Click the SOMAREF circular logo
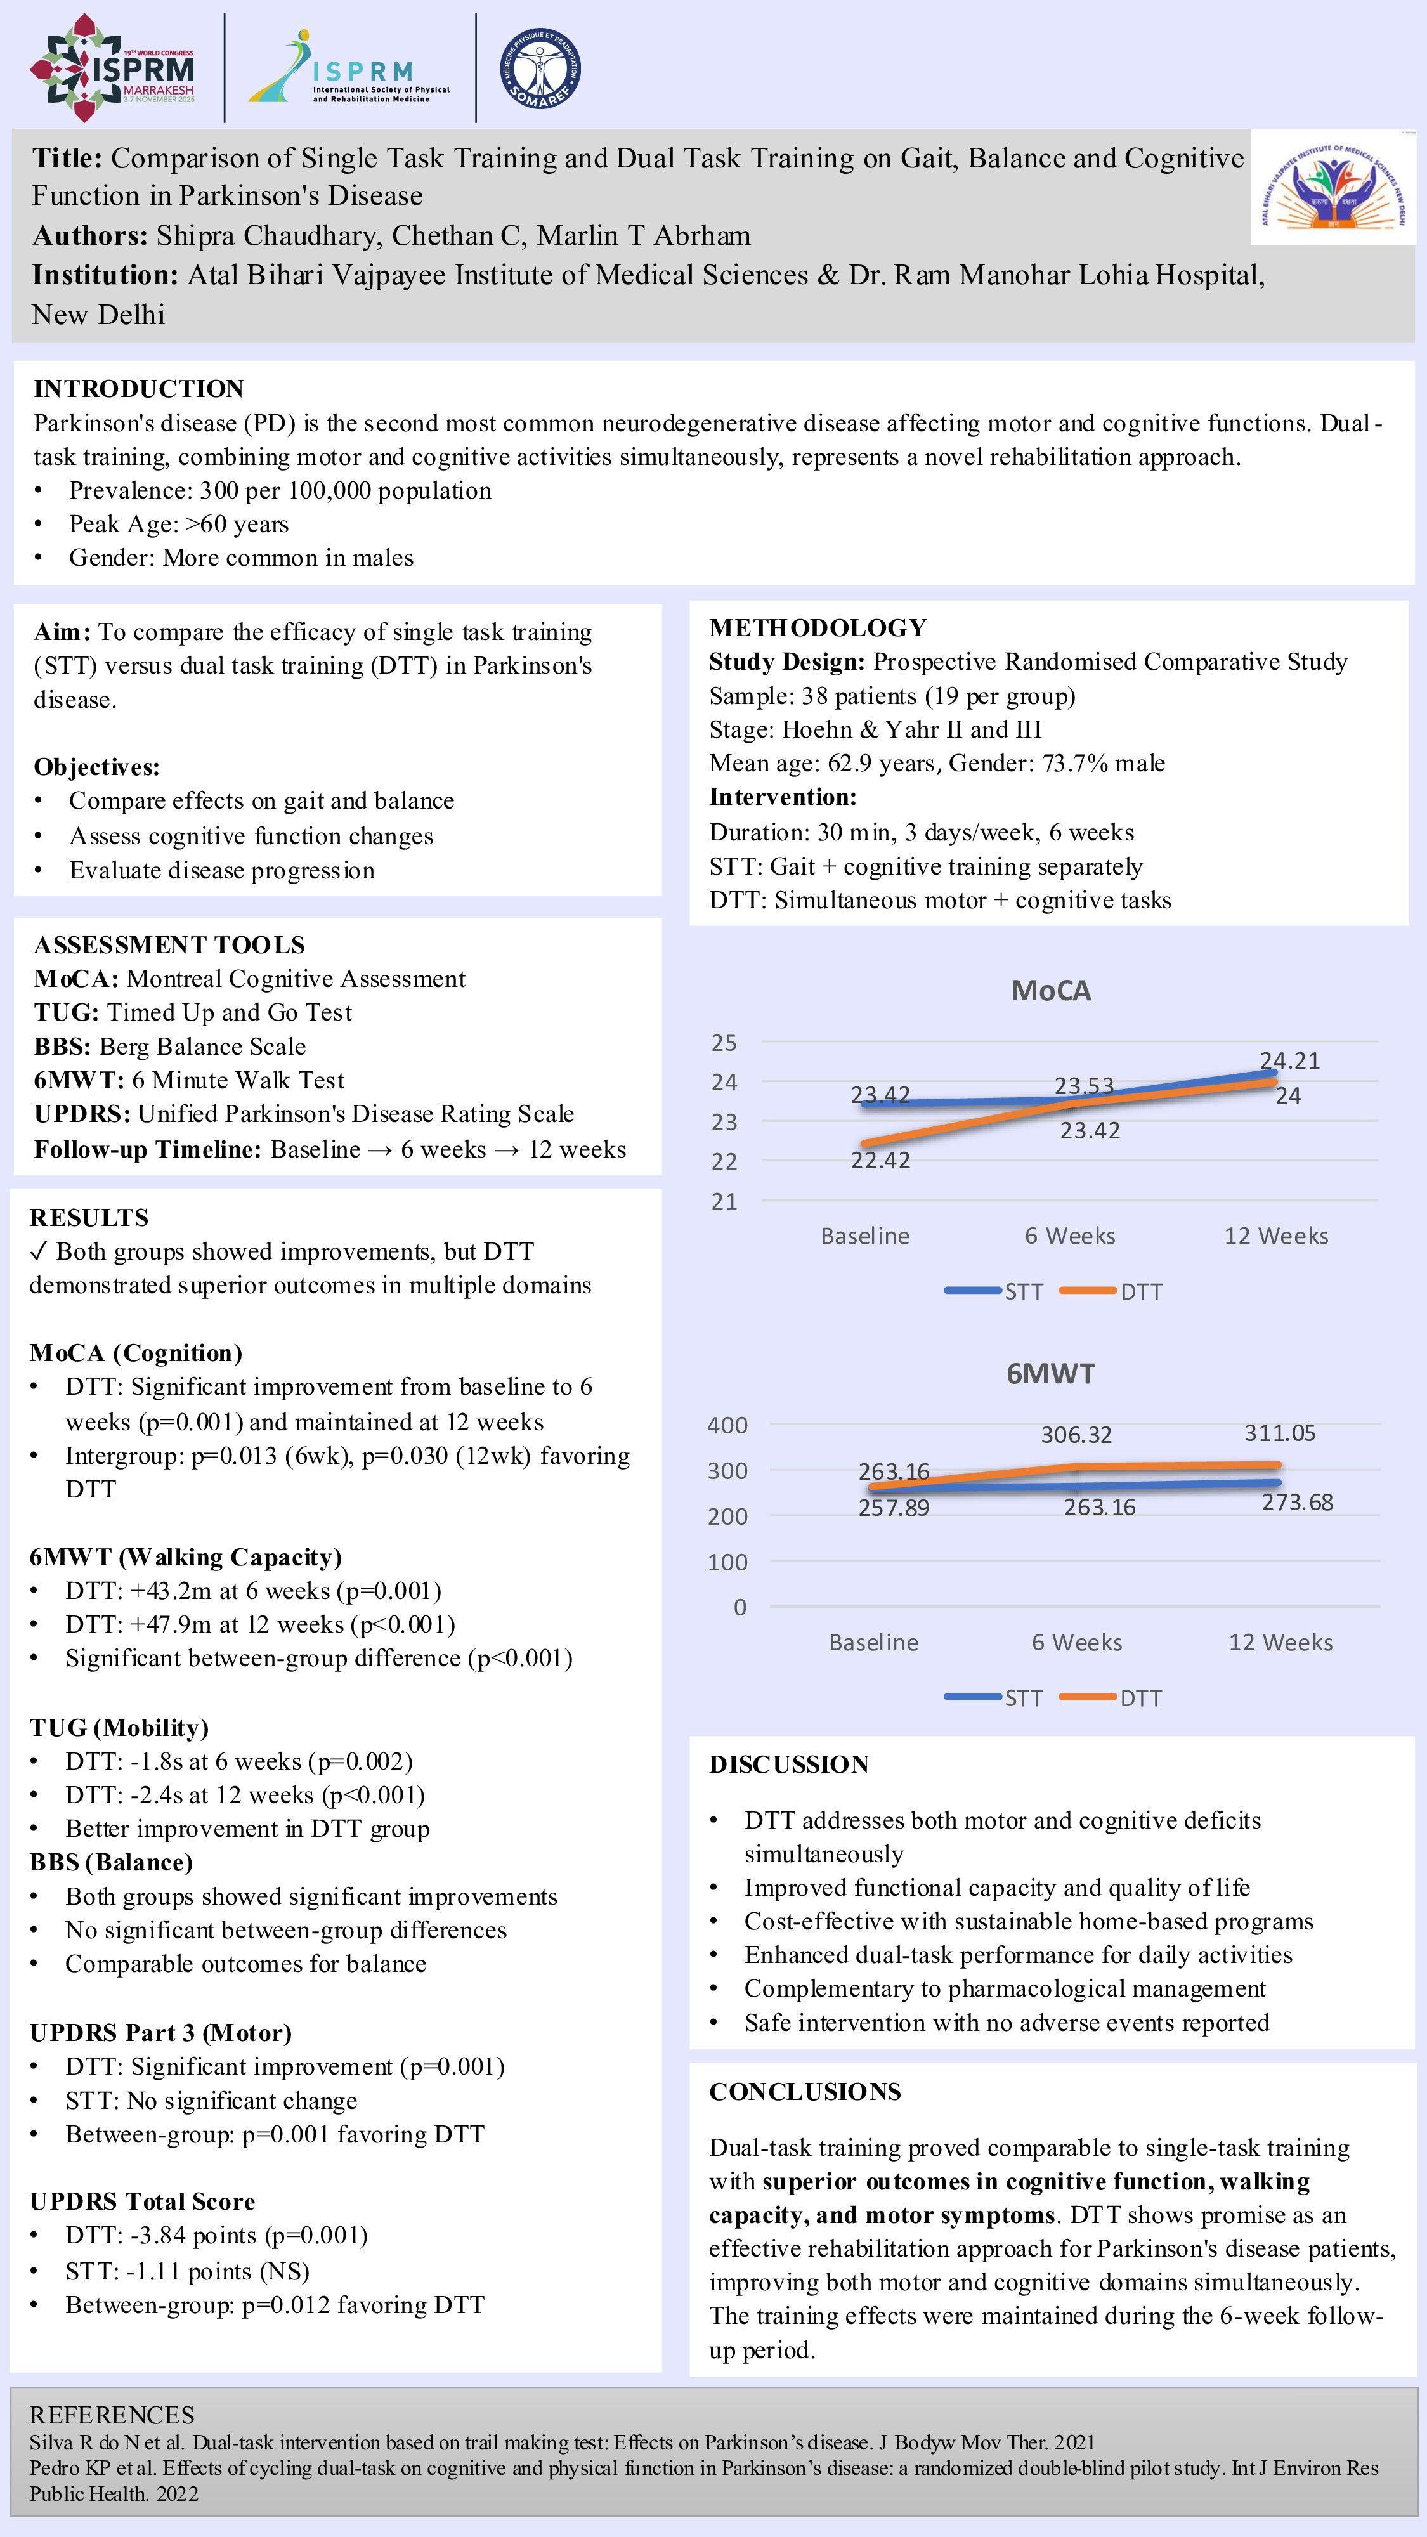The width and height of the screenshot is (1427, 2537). (540, 68)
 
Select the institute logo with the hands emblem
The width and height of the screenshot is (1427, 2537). (1333, 187)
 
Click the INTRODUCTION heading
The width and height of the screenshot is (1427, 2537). (139, 388)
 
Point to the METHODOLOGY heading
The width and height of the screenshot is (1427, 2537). (818, 627)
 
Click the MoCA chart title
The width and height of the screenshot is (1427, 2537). (1051, 991)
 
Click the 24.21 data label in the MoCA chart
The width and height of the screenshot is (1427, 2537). (1289, 1060)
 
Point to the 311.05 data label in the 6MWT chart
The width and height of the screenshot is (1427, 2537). (1279, 1433)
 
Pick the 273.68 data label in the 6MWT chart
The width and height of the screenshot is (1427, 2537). (1297, 1502)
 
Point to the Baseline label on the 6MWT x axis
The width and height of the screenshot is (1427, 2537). (873, 1642)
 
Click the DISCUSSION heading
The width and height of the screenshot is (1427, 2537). (789, 1764)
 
